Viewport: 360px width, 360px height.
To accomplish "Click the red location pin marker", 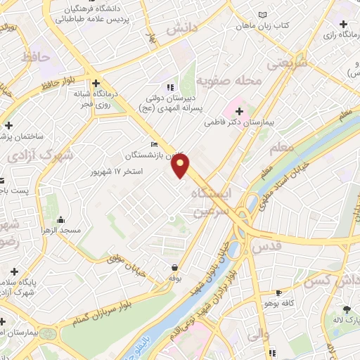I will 181,167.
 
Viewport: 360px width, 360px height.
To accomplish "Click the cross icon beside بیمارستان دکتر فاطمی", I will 240,111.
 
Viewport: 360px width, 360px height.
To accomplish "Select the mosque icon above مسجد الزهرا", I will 61,220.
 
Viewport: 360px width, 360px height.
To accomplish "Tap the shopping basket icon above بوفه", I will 174,267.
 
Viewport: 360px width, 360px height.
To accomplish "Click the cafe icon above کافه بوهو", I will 280,292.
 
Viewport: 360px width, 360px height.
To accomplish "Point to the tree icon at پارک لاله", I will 346,309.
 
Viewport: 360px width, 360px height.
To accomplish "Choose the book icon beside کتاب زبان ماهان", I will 263,15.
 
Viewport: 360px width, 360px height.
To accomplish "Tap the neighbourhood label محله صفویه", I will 229,82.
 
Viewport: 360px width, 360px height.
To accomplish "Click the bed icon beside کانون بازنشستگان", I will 154,145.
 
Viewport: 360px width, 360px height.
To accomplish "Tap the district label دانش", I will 181,30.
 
